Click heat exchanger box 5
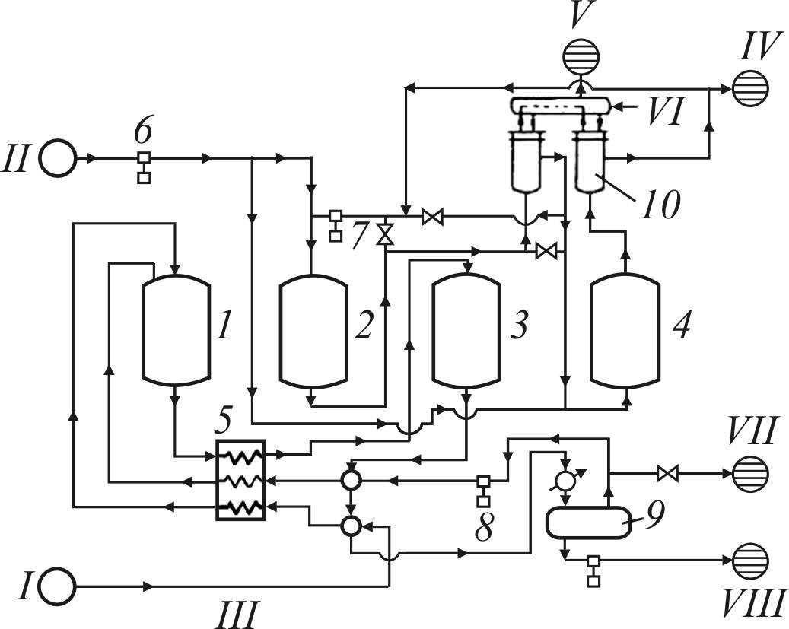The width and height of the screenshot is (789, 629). click(x=240, y=480)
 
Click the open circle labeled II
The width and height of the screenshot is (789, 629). click(x=58, y=159)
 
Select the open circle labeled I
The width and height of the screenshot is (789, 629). click(x=58, y=586)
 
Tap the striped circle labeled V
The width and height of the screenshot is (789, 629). click(x=580, y=56)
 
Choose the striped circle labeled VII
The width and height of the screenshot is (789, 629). click(x=749, y=474)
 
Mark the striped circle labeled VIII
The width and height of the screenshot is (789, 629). click(x=749, y=561)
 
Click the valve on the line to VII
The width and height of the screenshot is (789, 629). click(x=667, y=474)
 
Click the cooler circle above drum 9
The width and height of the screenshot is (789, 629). click(x=564, y=481)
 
